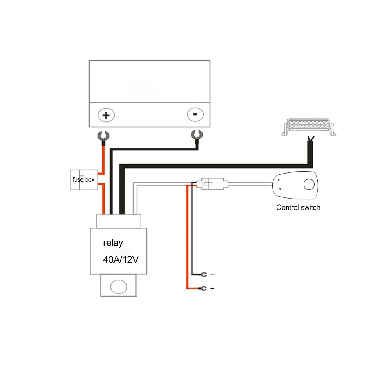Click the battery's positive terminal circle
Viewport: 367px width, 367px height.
[106, 116]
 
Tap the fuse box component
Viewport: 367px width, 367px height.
[84, 180]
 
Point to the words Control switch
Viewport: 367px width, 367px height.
[298, 208]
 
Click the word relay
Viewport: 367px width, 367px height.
[113, 243]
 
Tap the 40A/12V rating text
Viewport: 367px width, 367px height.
[121, 260]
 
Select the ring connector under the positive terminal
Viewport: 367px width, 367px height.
[103, 137]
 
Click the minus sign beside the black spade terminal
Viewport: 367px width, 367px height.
[212, 275]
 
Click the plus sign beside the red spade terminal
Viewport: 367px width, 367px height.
[212, 289]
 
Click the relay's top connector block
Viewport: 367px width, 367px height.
[118, 221]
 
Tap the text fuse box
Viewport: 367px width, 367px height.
[83, 180]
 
